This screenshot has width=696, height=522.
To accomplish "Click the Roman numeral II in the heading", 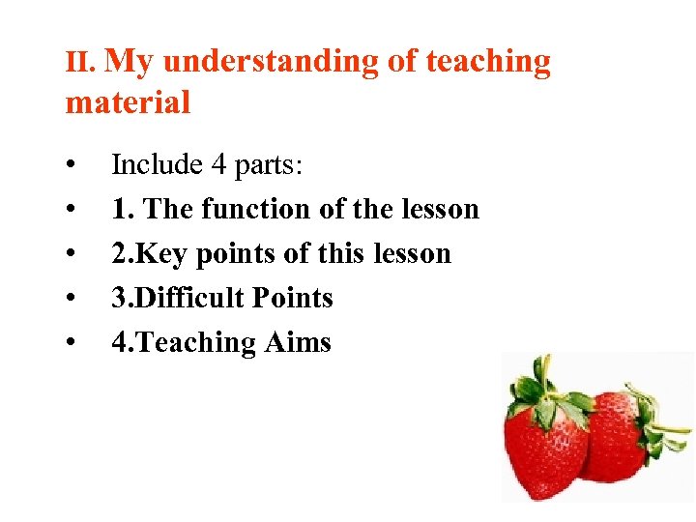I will click(x=78, y=64).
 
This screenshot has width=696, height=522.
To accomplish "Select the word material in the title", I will click(x=128, y=101).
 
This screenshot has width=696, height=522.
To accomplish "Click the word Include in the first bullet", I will click(x=155, y=165).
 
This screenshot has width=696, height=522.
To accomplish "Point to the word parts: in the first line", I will click(x=270, y=165).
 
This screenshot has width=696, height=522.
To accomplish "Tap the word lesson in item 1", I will click(x=440, y=209).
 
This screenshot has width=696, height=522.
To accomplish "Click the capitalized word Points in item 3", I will click(x=291, y=298).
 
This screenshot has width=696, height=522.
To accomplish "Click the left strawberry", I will click(x=546, y=445).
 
